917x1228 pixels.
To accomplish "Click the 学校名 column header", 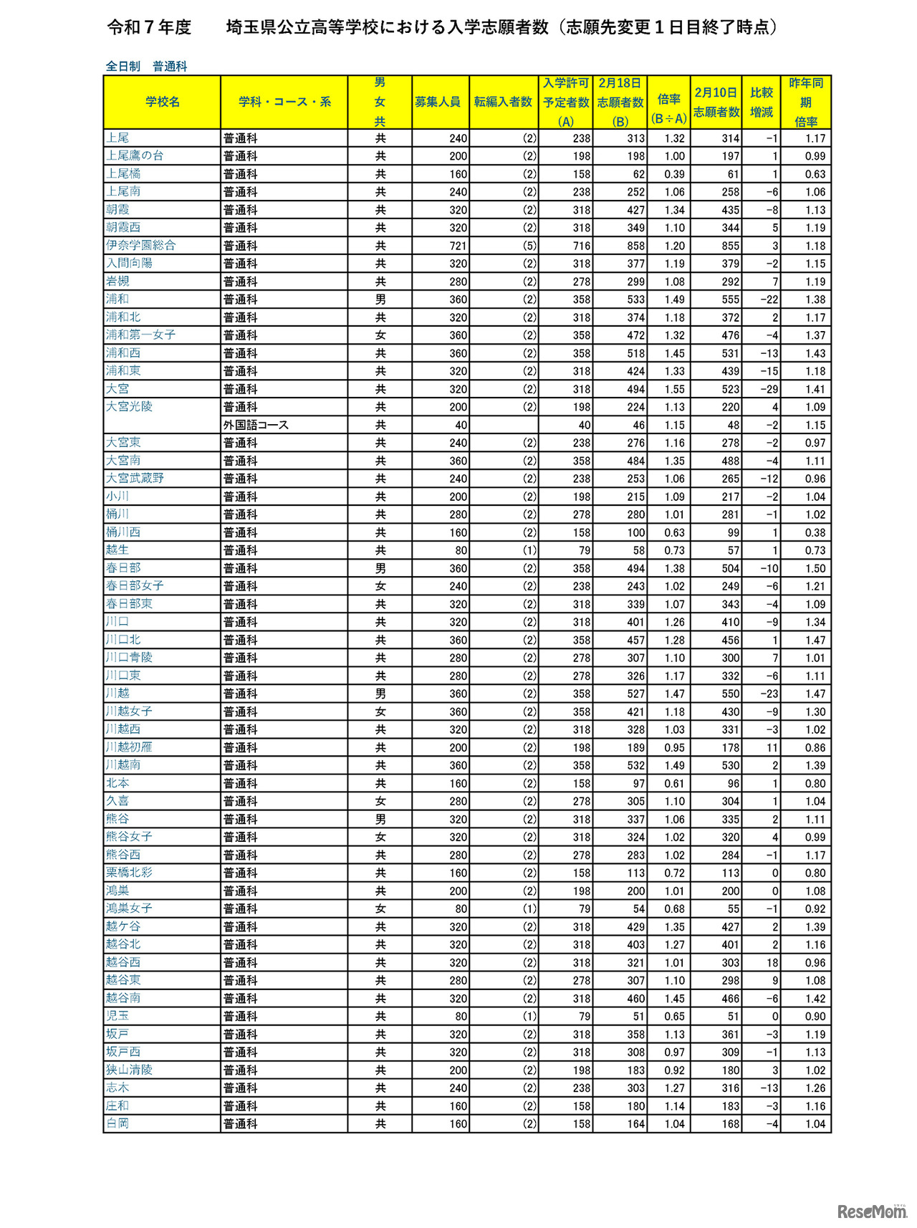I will point(163,102).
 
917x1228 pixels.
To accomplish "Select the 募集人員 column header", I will point(437,102).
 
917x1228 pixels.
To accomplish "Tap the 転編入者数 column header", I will point(503,102).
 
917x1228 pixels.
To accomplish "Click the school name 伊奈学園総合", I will point(140,245).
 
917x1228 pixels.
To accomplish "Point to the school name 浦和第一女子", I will point(140,335).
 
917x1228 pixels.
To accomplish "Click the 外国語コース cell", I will point(256,425).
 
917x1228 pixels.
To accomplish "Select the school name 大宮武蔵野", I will point(135,478).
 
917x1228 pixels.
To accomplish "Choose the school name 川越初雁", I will point(129,747).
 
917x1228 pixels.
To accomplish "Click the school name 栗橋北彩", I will point(129,873).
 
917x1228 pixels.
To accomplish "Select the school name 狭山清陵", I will point(129,1070).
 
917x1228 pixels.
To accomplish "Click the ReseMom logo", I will point(871,1211).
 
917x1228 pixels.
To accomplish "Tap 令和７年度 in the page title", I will point(149,27).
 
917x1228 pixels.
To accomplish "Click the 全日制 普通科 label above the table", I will point(146,66).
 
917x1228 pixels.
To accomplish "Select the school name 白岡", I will point(117,1123).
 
